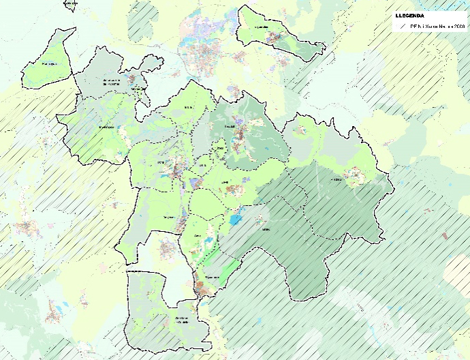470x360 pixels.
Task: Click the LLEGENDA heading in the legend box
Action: click(410, 15)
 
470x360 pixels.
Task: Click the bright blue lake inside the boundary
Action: click(236, 220)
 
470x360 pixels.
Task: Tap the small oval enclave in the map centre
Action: click(219, 149)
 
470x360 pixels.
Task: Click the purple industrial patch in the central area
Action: click(195, 183)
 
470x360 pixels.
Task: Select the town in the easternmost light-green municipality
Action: click(354, 177)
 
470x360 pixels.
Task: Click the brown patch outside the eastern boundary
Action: click(444, 236)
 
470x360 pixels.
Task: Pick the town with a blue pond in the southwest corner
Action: click(54, 310)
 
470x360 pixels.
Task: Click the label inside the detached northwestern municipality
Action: click(48, 65)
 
